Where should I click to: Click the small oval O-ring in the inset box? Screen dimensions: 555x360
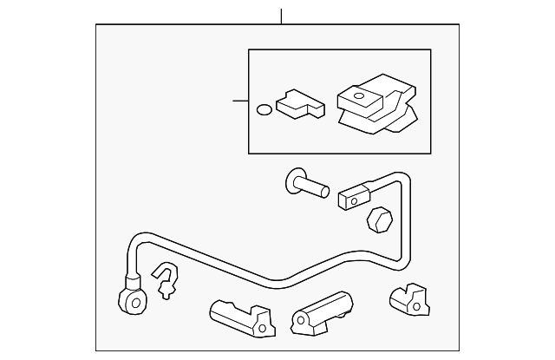click(263, 110)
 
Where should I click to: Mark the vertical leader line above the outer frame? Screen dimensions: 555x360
click(281, 16)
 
